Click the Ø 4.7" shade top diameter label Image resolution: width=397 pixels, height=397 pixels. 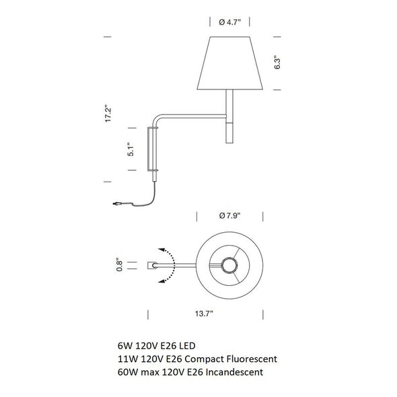(x=229, y=22)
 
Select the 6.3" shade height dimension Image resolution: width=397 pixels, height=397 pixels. (x=277, y=63)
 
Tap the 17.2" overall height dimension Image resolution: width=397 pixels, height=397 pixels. (x=108, y=114)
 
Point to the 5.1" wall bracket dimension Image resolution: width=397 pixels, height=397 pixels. (x=131, y=149)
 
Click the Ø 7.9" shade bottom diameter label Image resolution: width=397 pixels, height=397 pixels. (x=229, y=216)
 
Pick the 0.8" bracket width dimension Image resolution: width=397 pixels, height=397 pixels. (x=120, y=264)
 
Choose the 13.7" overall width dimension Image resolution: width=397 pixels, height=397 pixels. (x=204, y=314)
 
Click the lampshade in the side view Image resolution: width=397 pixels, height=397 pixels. (x=230, y=63)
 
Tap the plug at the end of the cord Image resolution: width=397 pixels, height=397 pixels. (x=116, y=203)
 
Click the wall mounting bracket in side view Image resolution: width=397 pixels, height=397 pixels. (x=153, y=149)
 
